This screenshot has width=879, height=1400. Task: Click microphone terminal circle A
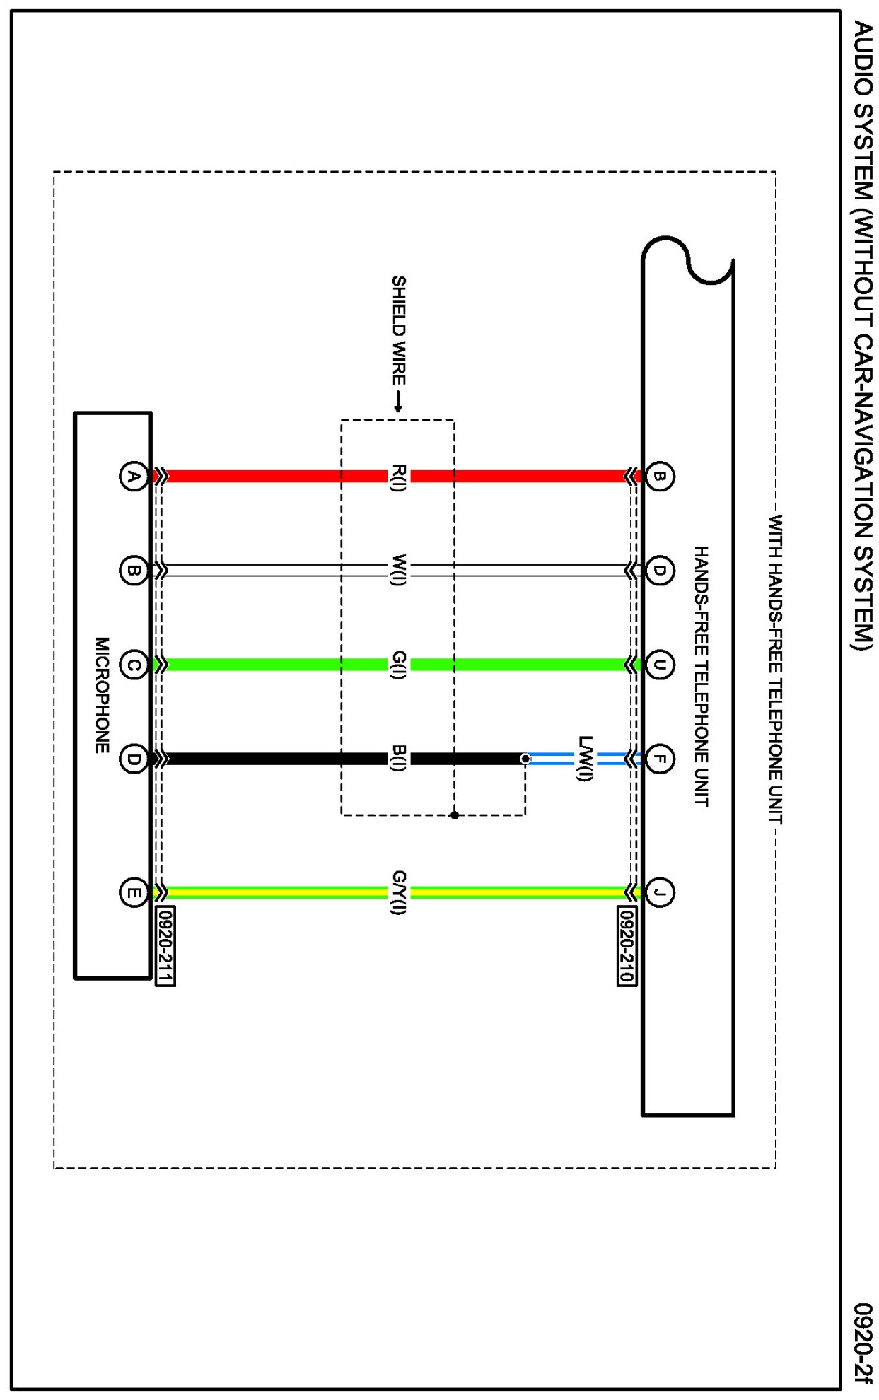(x=133, y=477)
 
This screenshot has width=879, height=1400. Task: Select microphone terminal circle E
(x=133, y=892)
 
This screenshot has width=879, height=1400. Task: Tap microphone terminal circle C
(x=133, y=665)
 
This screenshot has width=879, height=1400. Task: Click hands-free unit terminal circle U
(x=659, y=665)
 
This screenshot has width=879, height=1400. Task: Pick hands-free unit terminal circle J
(x=659, y=892)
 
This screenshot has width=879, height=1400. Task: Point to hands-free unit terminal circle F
(x=659, y=759)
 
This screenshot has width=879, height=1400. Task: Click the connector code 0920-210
(x=627, y=945)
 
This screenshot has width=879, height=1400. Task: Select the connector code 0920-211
(x=165, y=946)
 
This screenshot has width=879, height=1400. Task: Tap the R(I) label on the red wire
(x=399, y=477)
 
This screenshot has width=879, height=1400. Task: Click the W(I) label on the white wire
(x=399, y=570)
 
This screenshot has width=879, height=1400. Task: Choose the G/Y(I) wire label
(x=399, y=892)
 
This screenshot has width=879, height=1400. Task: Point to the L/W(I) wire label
(x=585, y=759)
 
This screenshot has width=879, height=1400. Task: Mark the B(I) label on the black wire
(x=399, y=759)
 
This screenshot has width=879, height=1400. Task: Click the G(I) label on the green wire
(x=399, y=665)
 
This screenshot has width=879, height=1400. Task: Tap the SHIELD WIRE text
(x=399, y=330)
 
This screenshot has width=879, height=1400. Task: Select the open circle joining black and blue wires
(x=525, y=759)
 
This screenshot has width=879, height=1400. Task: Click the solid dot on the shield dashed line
(x=455, y=815)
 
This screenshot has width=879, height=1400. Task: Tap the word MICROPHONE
(x=103, y=695)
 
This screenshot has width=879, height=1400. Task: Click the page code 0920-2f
(x=862, y=1343)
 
